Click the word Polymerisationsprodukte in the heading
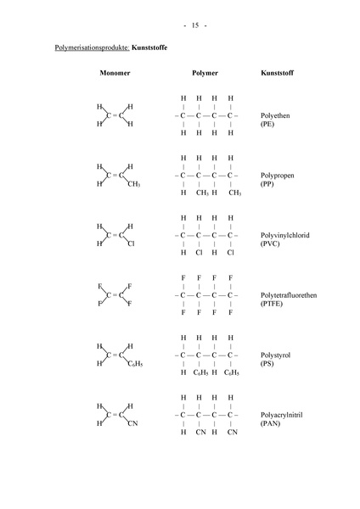point(81,50)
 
